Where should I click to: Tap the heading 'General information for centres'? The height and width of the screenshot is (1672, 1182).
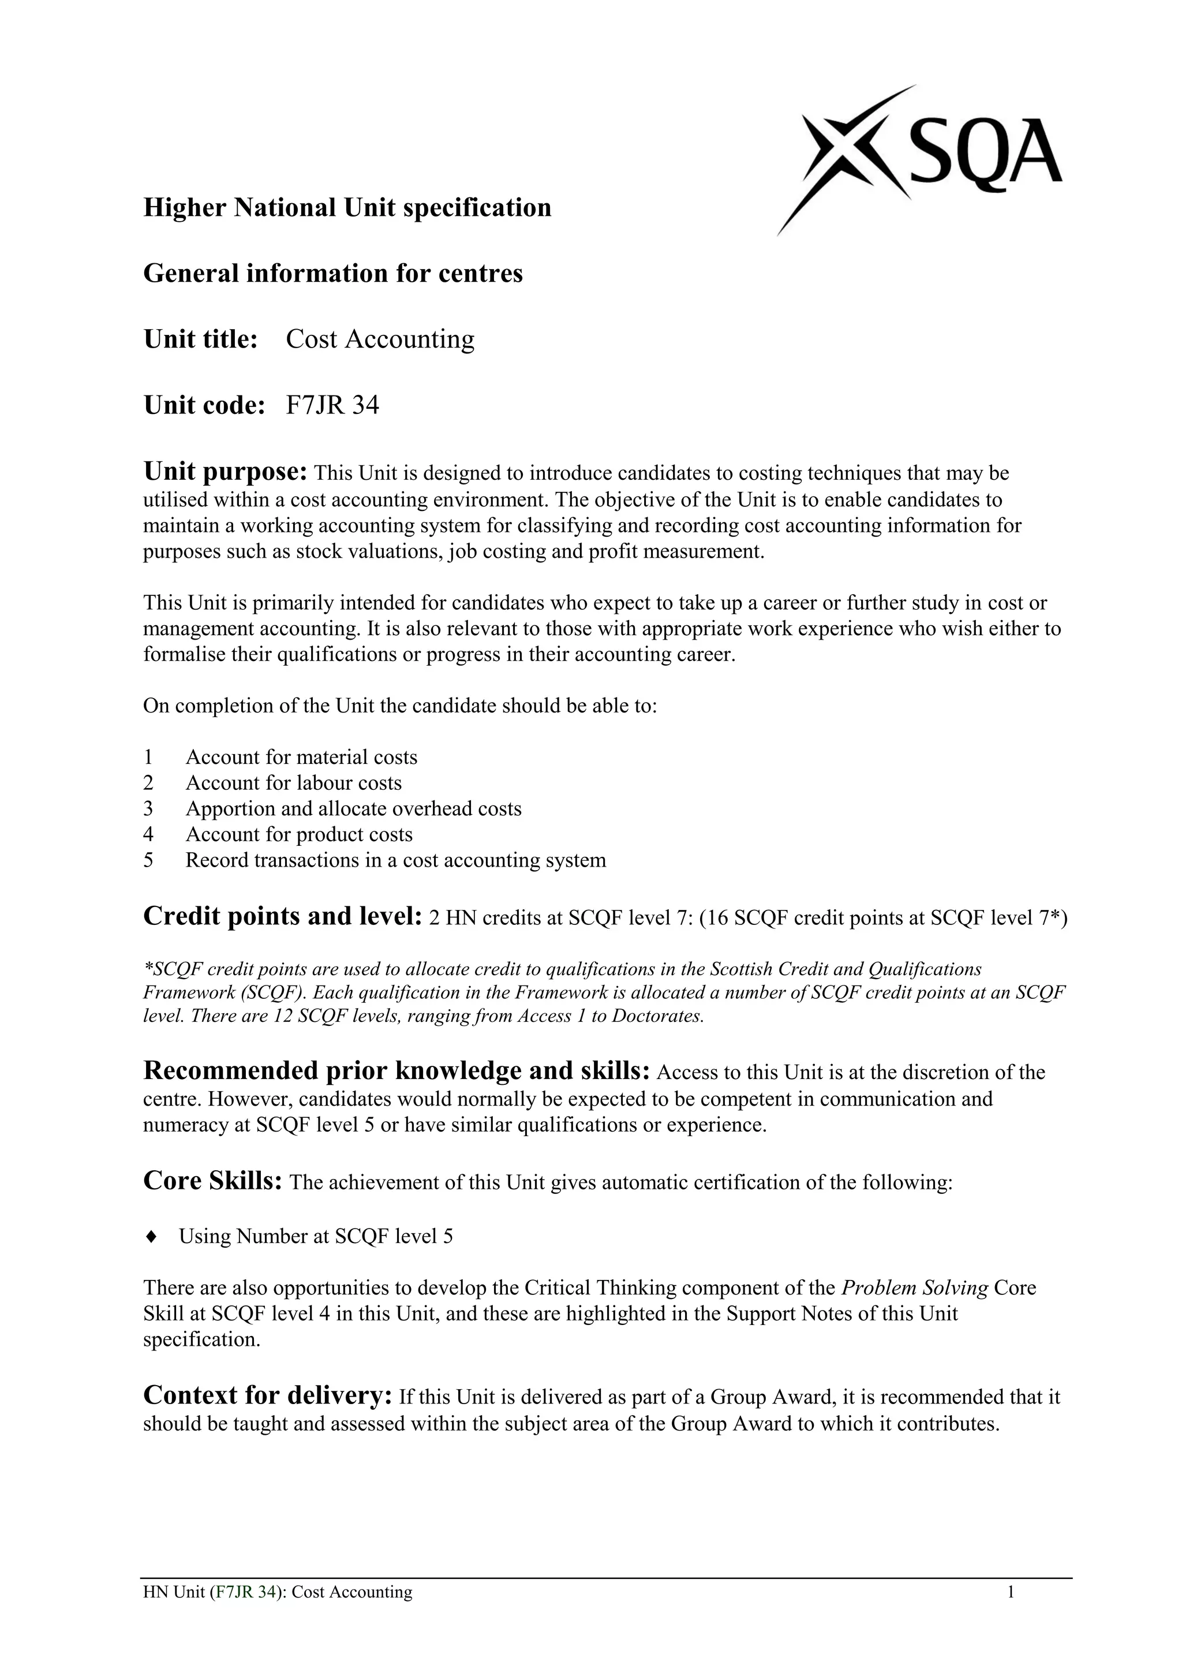332,273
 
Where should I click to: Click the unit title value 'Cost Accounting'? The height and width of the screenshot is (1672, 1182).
380,339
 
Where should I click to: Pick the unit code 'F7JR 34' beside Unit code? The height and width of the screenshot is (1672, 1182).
332,405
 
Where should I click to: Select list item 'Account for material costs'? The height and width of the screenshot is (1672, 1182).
301,757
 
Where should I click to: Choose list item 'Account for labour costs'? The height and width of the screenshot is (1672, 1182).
293,783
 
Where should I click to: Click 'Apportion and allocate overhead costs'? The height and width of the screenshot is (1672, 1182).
353,809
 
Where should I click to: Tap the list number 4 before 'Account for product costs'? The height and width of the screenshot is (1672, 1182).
148,834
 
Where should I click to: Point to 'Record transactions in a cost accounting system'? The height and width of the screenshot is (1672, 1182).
395,861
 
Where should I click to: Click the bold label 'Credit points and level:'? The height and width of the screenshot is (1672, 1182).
282,916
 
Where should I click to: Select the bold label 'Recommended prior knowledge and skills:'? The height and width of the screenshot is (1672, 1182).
396,1071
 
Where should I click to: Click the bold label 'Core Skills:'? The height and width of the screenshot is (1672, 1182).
212,1181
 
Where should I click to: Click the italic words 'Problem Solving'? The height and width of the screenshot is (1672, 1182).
914,1287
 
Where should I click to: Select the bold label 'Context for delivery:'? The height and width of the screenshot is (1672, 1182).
268,1395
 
